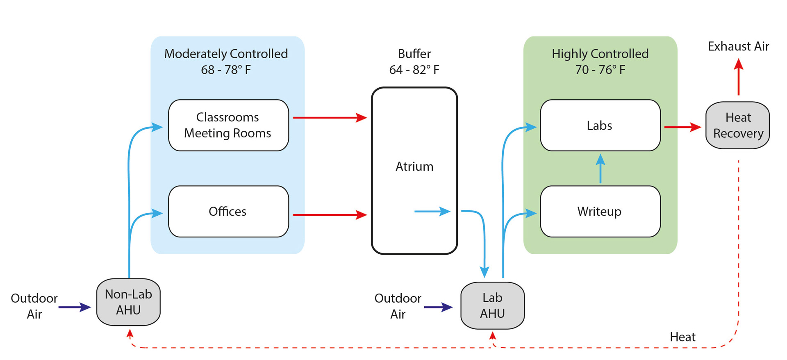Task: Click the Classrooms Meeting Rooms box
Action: [x=228, y=125]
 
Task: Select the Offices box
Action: [x=228, y=212]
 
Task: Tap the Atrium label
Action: [x=414, y=166]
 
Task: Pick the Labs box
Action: [x=600, y=125]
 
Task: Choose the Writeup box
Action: [x=600, y=212]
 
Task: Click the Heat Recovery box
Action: [x=737, y=125]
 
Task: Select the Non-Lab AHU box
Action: [x=128, y=302]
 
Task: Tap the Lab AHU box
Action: [x=492, y=305]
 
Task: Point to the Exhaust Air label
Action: [x=738, y=46]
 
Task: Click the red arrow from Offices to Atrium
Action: [x=330, y=214]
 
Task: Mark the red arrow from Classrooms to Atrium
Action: [x=330, y=118]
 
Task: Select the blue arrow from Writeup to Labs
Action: [x=600, y=169]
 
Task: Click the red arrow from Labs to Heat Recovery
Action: [x=682, y=127]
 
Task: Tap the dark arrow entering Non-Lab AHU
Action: [x=74, y=307]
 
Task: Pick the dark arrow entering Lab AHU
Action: [x=438, y=307]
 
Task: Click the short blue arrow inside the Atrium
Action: [x=432, y=212]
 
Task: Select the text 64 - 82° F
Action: [x=414, y=70]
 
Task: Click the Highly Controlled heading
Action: [x=600, y=54]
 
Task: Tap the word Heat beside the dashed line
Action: [x=682, y=337]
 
